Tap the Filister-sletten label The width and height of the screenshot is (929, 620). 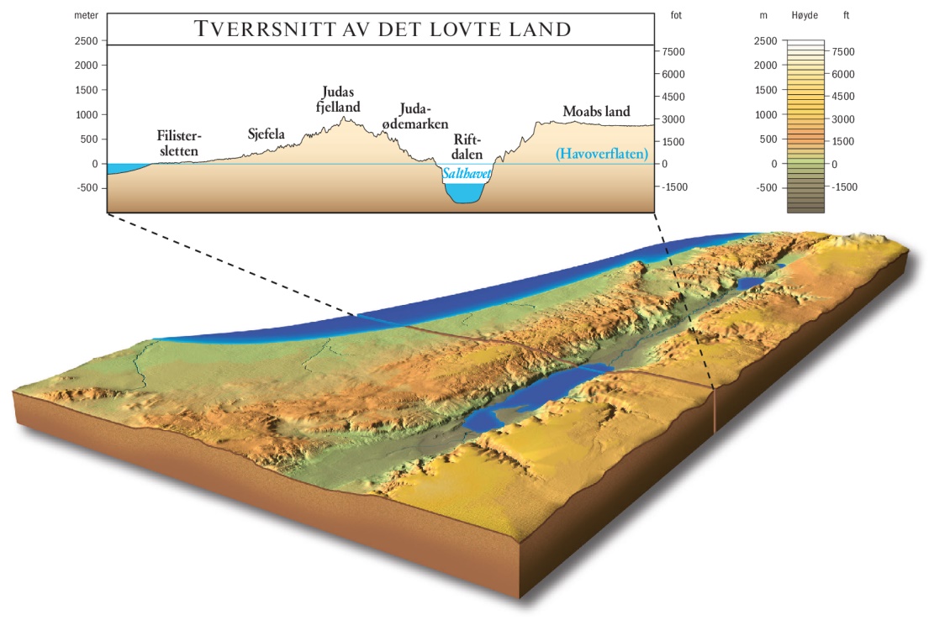[x=180, y=143]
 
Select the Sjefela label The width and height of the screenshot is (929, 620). [x=267, y=133]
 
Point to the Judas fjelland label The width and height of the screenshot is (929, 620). [x=341, y=99]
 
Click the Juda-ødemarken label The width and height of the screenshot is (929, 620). [x=412, y=117]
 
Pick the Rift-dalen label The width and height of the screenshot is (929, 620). [x=467, y=146]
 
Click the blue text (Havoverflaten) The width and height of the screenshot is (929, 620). [x=602, y=155]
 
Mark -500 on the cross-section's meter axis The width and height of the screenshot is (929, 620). [x=85, y=188]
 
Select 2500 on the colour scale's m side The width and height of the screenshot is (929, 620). [x=765, y=40]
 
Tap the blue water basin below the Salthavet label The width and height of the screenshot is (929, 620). [x=465, y=192]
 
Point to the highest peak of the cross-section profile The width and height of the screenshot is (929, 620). [x=344, y=117]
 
